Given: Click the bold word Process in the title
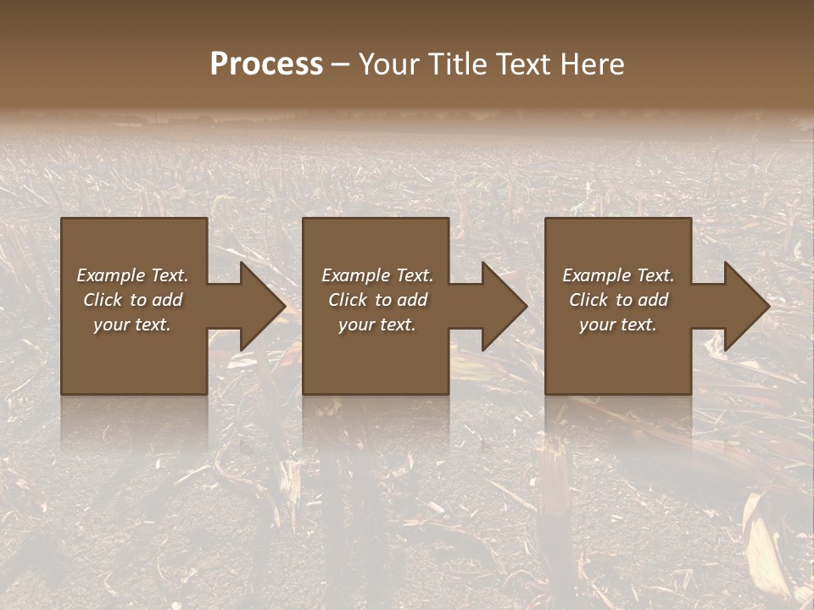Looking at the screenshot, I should [266, 64].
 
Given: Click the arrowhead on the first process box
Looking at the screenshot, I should [259, 306].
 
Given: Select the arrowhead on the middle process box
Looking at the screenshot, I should [501, 306].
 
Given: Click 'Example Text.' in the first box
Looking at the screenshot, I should [133, 275].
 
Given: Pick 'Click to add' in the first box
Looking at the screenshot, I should [133, 300].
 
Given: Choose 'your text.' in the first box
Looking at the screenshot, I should [133, 324].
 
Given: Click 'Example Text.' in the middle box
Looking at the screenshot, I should [377, 275].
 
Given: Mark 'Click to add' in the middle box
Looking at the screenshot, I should [377, 300].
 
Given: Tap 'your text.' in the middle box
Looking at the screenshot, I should [377, 324].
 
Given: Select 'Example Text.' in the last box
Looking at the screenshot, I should [618, 275].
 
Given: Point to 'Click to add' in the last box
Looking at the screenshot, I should [618, 300].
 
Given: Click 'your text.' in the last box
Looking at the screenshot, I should [618, 324].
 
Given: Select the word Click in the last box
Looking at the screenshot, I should [588, 300].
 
